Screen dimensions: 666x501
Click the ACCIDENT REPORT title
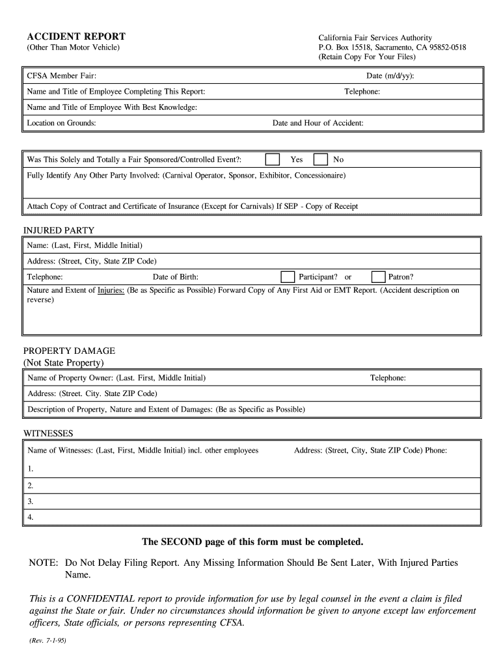76,36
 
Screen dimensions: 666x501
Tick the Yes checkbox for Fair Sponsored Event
273,159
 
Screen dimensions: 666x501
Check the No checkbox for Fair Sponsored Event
321,159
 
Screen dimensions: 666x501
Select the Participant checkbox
287,276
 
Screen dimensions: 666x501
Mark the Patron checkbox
378,276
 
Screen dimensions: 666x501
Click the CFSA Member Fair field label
62,76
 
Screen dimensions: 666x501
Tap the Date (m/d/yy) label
390,76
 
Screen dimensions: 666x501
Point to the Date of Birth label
176,276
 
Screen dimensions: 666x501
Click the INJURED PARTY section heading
59,230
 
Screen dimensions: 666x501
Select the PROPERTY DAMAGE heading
69,351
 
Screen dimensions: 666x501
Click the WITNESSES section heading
48,433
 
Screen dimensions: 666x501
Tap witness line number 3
31,501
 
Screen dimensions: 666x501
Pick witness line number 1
31,468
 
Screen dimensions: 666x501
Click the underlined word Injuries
111,290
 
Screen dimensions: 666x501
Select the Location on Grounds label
62,123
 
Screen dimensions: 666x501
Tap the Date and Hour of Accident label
318,123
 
